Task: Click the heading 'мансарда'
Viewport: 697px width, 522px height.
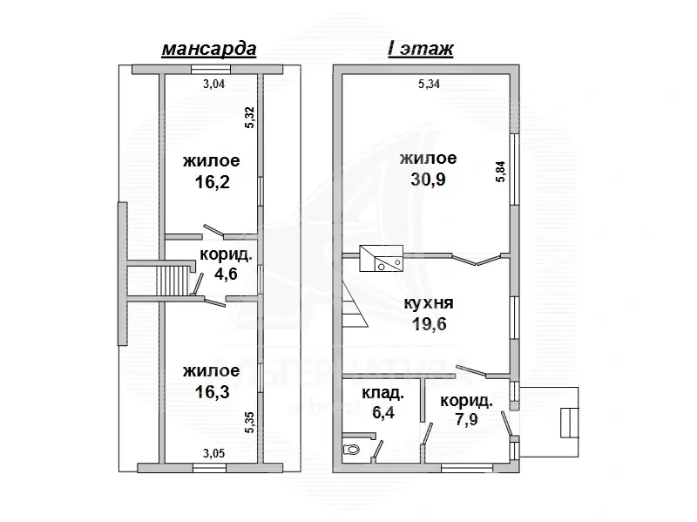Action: click(x=208, y=49)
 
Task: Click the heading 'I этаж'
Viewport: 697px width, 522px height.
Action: click(x=420, y=49)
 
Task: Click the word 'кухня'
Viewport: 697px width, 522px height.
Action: click(x=427, y=304)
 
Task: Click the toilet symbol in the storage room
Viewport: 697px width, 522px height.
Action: click(x=353, y=450)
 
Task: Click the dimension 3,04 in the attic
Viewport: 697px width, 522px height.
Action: click(x=214, y=85)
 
